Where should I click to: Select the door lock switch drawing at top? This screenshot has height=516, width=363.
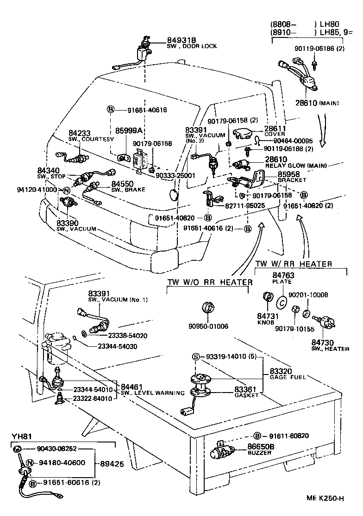(143, 50)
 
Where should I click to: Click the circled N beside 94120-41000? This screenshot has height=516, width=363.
(67, 190)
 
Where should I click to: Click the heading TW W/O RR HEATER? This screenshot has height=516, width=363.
(210, 282)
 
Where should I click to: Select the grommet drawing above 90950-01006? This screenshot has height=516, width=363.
(208, 307)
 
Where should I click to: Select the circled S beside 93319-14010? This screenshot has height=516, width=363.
(196, 356)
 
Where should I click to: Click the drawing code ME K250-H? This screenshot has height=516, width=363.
(325, 498)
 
